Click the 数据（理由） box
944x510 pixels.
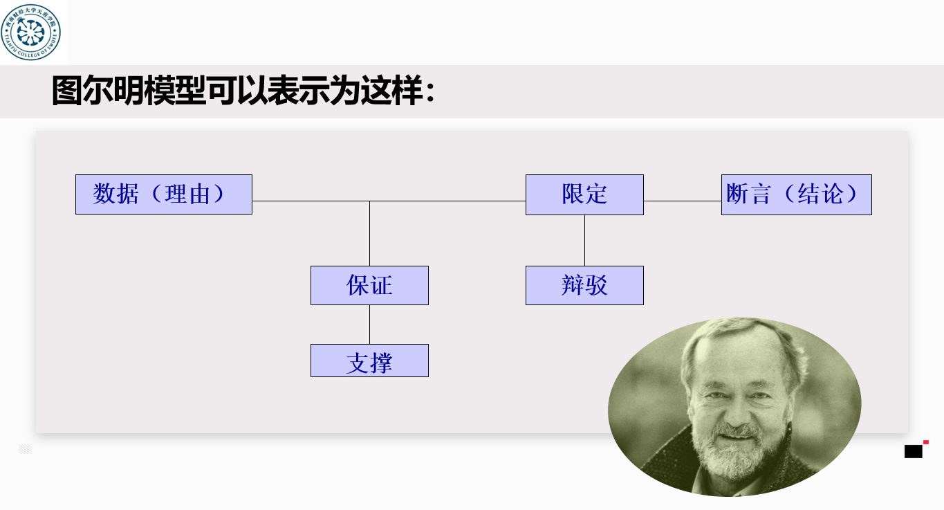click(163, 194)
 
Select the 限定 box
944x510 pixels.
click(584, 194)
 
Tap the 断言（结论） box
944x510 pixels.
click(796, 194)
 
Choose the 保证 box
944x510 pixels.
click(369, 285)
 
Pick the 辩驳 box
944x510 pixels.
click(584, 285)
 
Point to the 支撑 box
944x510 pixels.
click(369, 361)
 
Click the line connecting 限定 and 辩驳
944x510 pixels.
click(584, 240)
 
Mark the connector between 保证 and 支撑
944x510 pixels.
click(369, 325)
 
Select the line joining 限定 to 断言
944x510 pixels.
click(682, 201)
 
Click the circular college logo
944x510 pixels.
click(31, 32)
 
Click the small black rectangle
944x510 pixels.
click(913, 452)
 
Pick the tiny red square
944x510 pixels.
click(926, 441)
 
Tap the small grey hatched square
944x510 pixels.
click(26, 449)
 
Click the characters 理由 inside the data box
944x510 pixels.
click(187, 194)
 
